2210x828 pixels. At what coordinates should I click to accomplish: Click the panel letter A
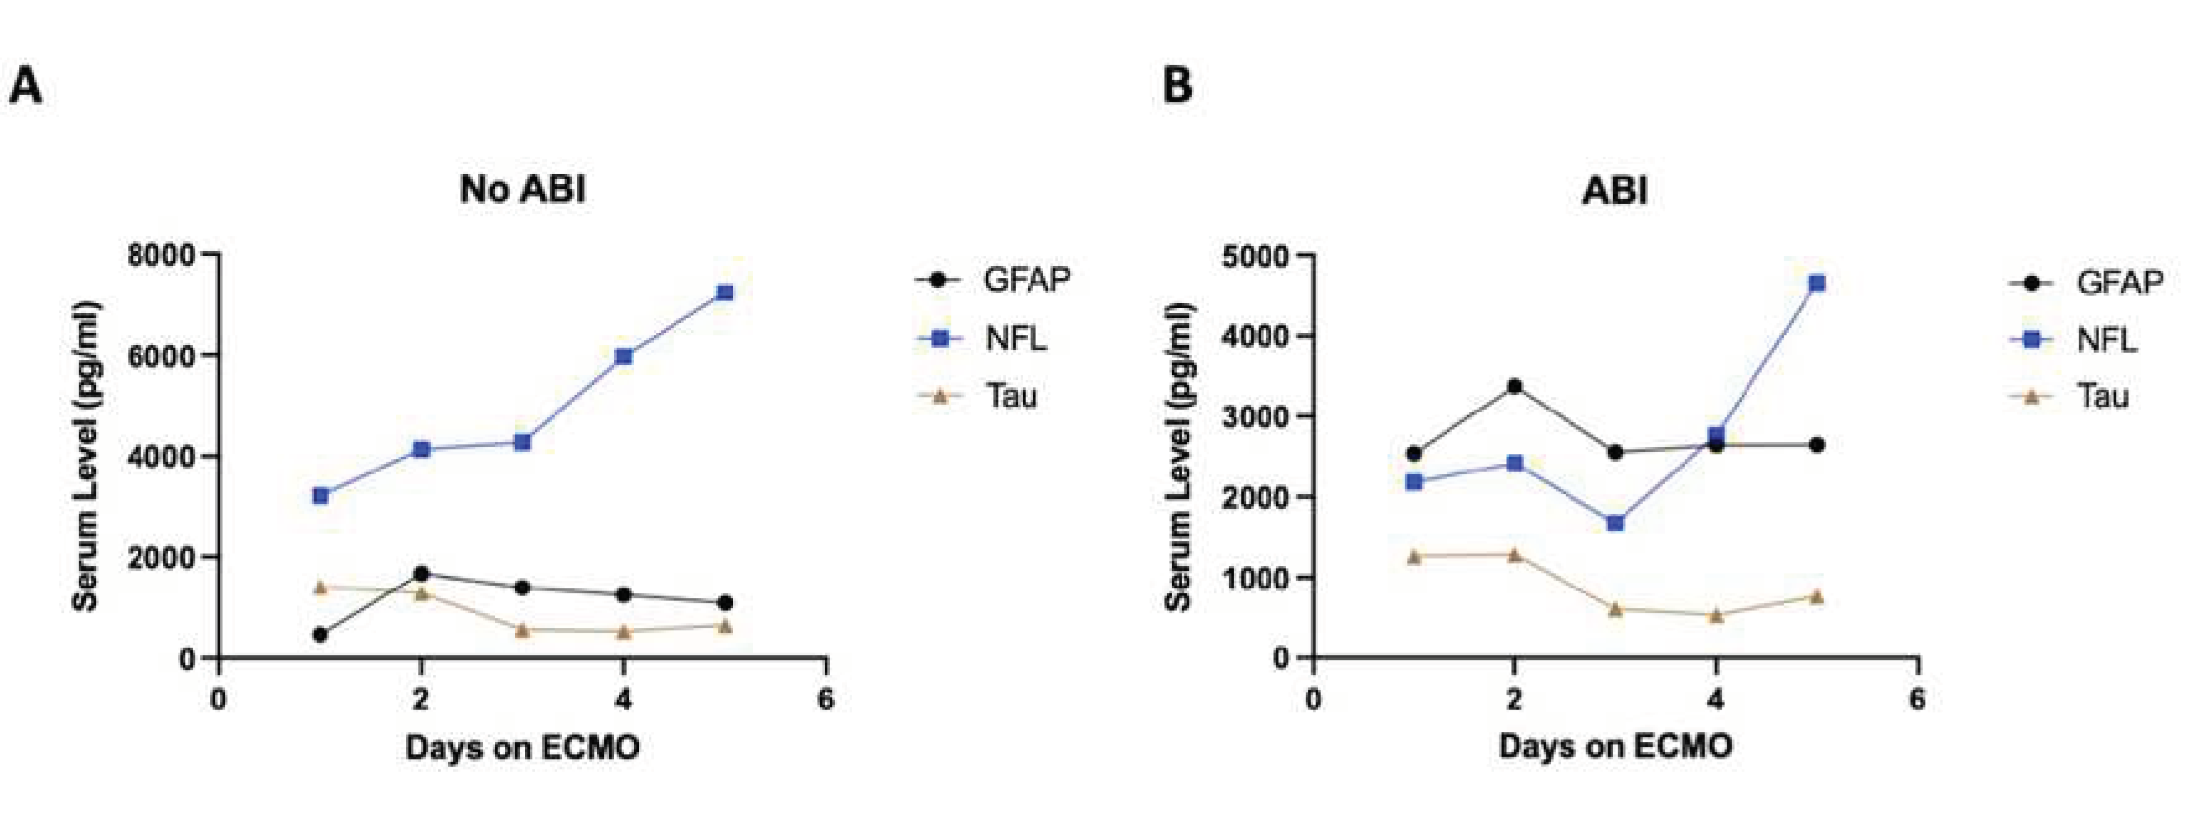tap(26, 87)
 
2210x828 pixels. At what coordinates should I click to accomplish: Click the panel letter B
tap(1176, 87)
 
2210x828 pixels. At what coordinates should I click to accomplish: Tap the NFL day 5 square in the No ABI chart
tap(725, 293)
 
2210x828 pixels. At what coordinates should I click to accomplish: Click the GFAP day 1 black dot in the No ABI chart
tap(320, 635)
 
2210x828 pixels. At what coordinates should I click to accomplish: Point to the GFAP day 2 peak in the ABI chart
tap(1514, 387)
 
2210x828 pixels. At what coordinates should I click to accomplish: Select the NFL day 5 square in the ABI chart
tap(1816, 283)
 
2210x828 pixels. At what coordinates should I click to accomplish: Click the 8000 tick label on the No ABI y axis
tap(161, 255)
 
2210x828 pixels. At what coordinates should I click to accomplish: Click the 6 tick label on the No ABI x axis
tap(825, 699)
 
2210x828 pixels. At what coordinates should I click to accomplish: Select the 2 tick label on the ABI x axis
tap(1514, 699)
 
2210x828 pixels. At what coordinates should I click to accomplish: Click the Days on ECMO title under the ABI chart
tap(1614, 746)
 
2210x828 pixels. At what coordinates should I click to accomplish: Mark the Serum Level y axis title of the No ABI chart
tap(85, 457)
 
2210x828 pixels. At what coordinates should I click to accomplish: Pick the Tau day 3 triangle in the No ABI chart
tap(522, 630)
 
